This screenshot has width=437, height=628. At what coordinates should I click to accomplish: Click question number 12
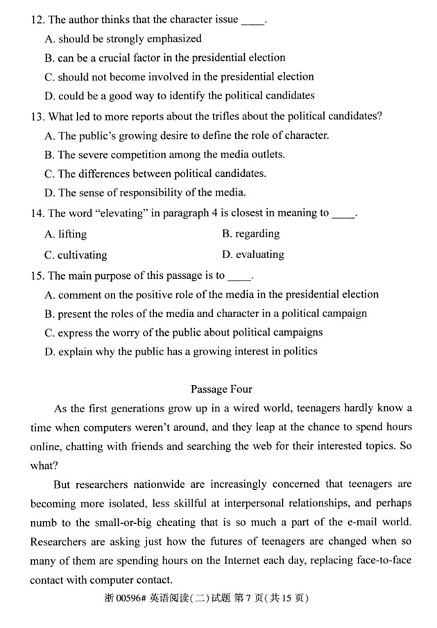tap(37, 19)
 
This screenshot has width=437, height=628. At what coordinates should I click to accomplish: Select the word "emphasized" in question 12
tap(174, 39)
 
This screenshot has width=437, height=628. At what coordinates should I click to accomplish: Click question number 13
tap(37, 115)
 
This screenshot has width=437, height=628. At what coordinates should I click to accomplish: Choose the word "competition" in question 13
tap(141, 154)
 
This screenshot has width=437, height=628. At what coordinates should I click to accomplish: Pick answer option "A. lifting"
tap(66, 235)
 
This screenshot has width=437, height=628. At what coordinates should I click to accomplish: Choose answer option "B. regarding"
tap(250, 234)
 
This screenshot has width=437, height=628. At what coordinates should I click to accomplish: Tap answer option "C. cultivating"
tap(76, 255)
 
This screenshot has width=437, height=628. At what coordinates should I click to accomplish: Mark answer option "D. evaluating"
tap(253, 255)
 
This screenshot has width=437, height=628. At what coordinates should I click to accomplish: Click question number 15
tap(37, 275)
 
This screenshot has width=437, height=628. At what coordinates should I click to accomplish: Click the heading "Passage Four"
tap(221, 389)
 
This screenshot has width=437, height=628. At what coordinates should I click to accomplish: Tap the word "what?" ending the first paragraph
tap(44, 466)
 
